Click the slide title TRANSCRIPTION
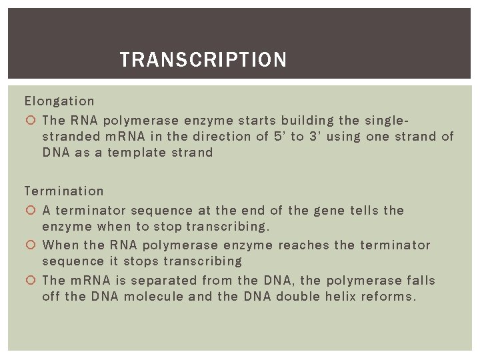point(203,61)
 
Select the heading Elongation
point(59,101)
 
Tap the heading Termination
point(64,191)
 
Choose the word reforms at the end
point(389,297)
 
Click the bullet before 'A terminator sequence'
point(31,211)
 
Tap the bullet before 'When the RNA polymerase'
point(31,245)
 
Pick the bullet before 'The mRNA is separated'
point(31,281)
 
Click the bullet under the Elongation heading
point(31,121)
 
